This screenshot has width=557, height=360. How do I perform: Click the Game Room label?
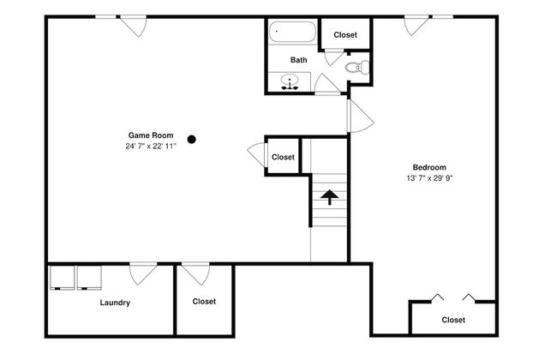click(151, 135)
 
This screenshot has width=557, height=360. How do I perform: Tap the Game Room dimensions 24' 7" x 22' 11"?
click(151, 146)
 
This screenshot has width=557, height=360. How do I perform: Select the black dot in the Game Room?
click(191, 140)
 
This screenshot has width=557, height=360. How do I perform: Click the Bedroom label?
click(429, 167)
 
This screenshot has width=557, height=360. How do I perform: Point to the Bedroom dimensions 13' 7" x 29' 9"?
click(429, 178)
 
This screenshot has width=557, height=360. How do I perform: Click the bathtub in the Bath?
click(292, 32)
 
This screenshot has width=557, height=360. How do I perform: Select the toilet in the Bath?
click(357, 67)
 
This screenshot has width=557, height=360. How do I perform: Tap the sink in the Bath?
click(290, 81)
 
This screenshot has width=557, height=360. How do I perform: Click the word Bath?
click(299, 60)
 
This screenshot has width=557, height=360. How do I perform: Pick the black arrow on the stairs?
click(330, 197)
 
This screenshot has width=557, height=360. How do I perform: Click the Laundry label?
click(115, 303)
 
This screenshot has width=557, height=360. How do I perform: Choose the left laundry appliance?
click(62, 278)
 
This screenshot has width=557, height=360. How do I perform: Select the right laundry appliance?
click(89, 278)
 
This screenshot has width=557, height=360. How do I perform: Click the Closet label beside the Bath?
click(345, 35)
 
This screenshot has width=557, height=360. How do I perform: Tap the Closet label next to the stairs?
click(283, 157)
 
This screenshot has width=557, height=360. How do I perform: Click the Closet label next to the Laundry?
click(204, 302)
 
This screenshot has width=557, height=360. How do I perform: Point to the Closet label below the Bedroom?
click(453, 320)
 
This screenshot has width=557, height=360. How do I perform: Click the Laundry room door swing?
click(143, 273)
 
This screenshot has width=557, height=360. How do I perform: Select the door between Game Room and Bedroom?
click(360, 116)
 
